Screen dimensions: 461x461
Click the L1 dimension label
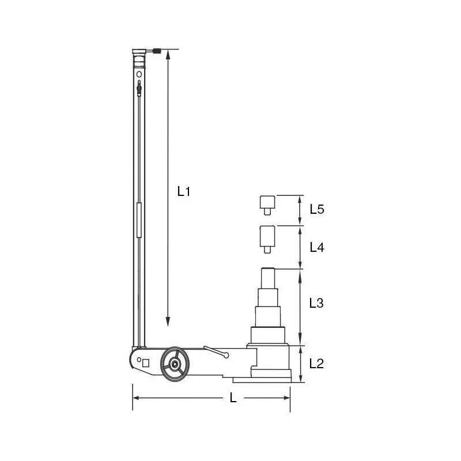(x=184, y=191)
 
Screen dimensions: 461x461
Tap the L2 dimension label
(x=316, y=364)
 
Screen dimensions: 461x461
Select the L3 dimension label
(x=316, y=303)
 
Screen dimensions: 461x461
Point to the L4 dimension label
(x=316, y=248)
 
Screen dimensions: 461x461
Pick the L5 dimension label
(x=316, y=209)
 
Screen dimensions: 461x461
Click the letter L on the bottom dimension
(x=233, y=398)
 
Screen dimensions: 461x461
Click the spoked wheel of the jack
(x=175, y=364)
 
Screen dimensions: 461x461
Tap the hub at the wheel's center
(x=175, y=364)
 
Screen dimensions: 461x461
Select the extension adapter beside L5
(x=267, y=205)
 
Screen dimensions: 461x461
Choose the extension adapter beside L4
(x=267, y=239)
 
